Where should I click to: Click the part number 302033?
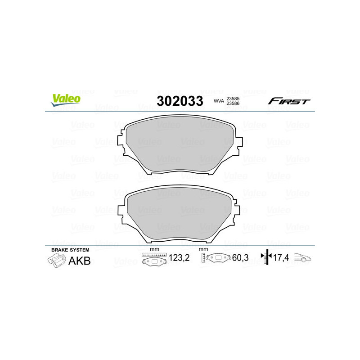(180, 101)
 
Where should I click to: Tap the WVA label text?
(219, 102)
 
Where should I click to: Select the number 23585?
(233, 98)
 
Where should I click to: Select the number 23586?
(233, 104)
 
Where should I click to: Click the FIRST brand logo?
(289, 101)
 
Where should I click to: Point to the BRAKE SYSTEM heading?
(70, 249)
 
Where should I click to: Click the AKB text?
(79, 261)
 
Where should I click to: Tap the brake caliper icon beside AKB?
(56, 261)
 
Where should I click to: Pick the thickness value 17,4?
(281, 259)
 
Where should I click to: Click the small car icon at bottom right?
(303, 258)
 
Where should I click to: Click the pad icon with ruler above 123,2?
(154, 260)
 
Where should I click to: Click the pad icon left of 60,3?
(216, 260)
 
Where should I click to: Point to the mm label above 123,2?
(154, 250)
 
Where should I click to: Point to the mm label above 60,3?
(203, 250)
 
